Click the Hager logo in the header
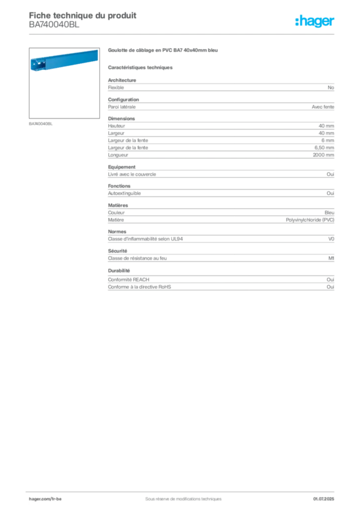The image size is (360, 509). pyautogui.click(x=314, y=21)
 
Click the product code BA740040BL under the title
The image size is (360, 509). pyautogui.click(x=54, y=25)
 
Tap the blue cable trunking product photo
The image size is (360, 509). pyautogui.click(x=64, y=60)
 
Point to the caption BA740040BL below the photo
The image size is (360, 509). pyautogui.click(x=41, y=124)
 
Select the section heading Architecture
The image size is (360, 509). pyautogui.click(x=122, y=80)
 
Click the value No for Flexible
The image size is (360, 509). pyautogui.click(x=331, y=87)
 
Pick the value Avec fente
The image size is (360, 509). pyautogui.click(x=323, y=107)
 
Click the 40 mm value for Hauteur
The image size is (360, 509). pyautogui.click(x=326, y=126)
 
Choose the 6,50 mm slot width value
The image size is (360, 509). pyautogui.click(x=324, y=148)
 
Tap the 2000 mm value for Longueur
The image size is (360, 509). pyautogui.click(x=323, y=155)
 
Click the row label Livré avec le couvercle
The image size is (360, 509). pyautogui.click(x=132, y=174)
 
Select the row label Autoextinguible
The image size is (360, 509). pyautogui.click(x=124, y=193)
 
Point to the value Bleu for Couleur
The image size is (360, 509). pyautogui.click(x=329, y=213)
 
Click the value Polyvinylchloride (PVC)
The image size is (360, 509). pyautogui.click(x=310, y=220)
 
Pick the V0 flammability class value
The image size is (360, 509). pyautogui.click(x=331, y=239)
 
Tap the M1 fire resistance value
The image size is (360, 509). pyautogui.click(x=331, y=258)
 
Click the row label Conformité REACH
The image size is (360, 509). pyautogui.click(x=129, y=279)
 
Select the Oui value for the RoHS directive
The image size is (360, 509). pyautogui.click(x=330, y=287)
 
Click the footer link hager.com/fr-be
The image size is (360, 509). pyautogui.click(x=45, y=499)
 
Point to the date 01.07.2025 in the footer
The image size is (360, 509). pyautogui.click(x=323, y=499)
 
